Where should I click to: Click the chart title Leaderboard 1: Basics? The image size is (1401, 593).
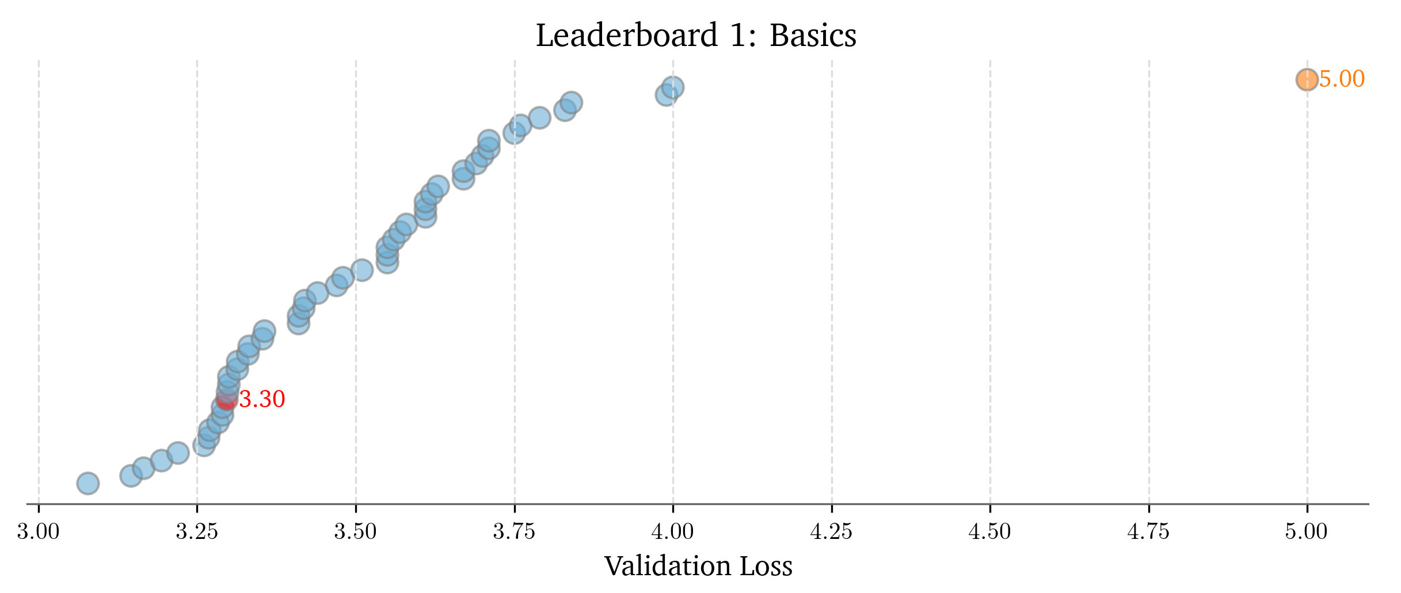pyautogui.click(x=696, y=36)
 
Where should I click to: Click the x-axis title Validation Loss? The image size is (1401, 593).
pyautogui.click(x=698, y=566)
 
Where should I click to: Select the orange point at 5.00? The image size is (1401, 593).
pyautogui.click(x=1307, y=79)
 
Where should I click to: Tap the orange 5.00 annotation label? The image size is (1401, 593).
pyautogui.click(x=1342, y=79)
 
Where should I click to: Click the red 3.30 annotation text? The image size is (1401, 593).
pyautogui.click(x=262, y=399)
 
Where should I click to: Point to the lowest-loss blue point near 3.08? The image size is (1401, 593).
pyautogui.click(x=87, y=483)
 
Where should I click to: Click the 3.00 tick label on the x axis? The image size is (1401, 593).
pyautogui.click(x=39, y=532)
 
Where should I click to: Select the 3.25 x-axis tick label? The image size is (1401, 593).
pyautogui.click(x=197, y=532)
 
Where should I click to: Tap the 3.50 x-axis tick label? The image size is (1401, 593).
pyautogui.click(x=356, y=532)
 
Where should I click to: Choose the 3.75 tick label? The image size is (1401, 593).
pyautogui.click(x=514, y=532)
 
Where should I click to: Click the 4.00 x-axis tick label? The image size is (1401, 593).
pyautogui.click(x=673, y=532)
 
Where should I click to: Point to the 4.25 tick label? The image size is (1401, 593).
pyautogui.click(x=831, y=532)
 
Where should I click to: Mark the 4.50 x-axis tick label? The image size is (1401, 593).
pyautogui.click(x=990, y=532)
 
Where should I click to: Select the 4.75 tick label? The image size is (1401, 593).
pyautogui.click(x=1148, y=532)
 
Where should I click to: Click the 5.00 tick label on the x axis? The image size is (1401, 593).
pyautogui.click(x=1307, y=532)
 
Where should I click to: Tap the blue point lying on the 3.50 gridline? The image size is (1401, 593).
pyautogui.click(x=361, y=270)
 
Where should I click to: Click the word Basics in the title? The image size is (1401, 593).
pyautogui.click(x=813, y=36)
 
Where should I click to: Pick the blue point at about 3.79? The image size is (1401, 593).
pyautogui.click(x=539, y=117)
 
